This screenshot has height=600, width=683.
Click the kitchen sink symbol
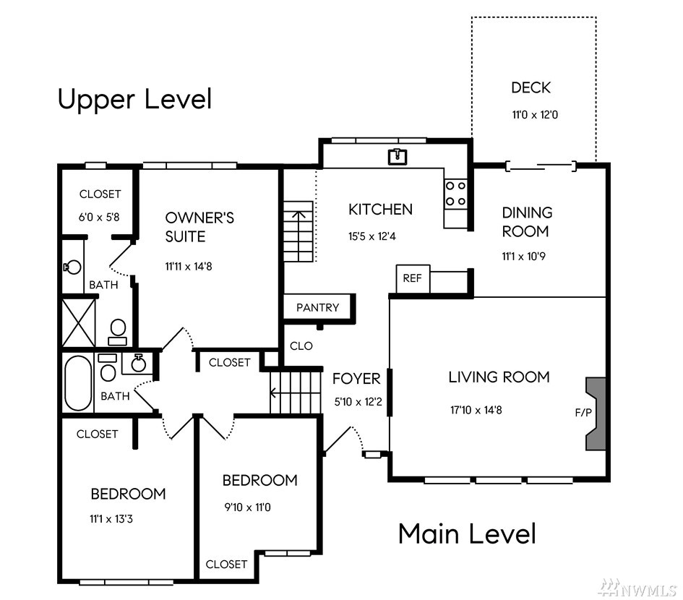coord(398,157)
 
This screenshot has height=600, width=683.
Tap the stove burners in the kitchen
coord(455,194)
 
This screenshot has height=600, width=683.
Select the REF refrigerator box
coord(413,278)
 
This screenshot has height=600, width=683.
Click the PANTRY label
coord(317,308)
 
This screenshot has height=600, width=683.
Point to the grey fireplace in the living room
coord(596,413)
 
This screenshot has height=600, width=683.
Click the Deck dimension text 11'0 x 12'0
coord(535,115)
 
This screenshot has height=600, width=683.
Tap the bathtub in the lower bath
coord(78,383)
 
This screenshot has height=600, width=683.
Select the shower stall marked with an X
coord(78,322)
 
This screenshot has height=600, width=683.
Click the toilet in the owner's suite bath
coord(118,332)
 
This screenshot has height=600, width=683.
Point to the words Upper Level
coord(134,100)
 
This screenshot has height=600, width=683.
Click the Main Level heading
coord(468,533)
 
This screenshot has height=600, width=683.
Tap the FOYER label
coord(356,379)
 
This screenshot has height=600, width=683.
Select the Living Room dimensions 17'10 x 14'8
coord(476,410)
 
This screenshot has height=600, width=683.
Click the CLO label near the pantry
coord(301,346)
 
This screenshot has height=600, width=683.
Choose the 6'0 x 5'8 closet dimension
coord(99,217)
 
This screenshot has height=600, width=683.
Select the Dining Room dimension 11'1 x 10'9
coord(523,256)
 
